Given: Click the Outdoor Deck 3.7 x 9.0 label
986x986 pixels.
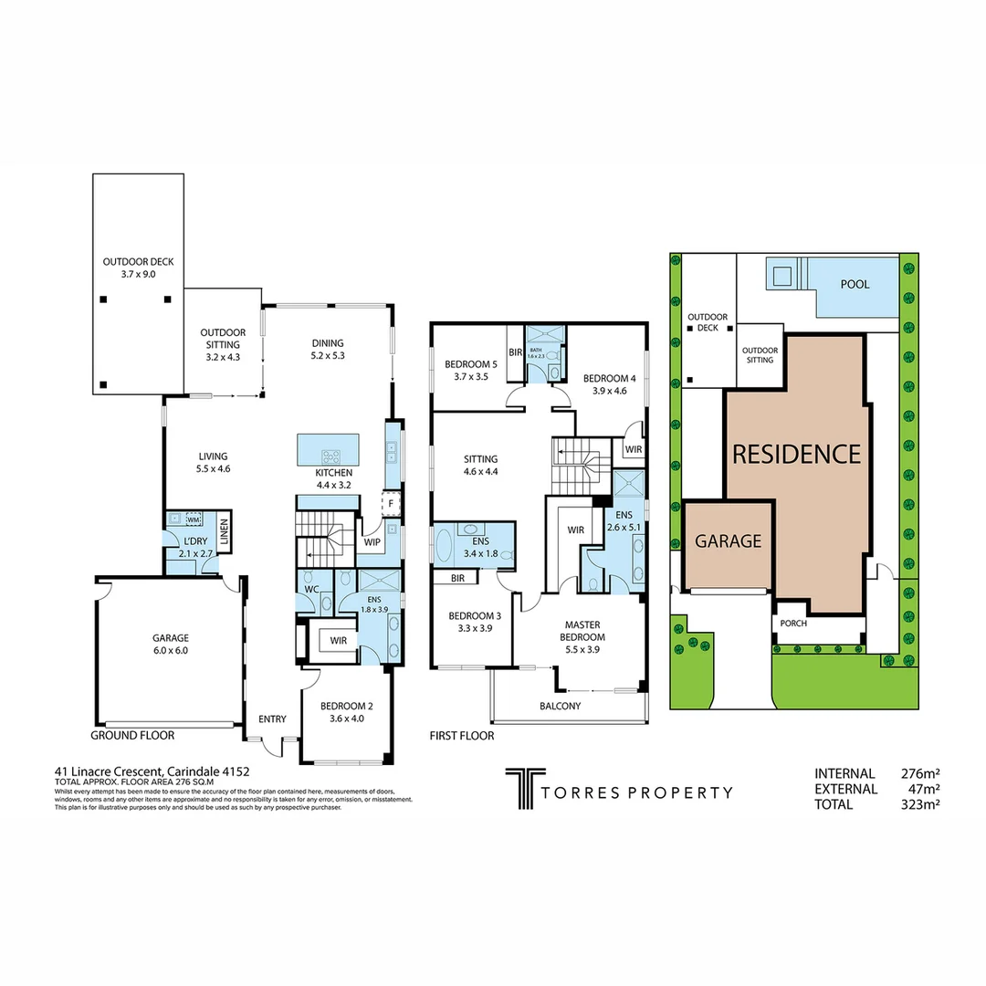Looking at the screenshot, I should (x=138, y=267).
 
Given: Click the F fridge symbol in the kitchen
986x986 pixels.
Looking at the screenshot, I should (x=391, y=503).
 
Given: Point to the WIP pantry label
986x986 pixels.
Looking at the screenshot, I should (x=372, y=542).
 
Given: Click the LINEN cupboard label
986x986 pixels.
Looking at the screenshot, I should (x=224, y=535).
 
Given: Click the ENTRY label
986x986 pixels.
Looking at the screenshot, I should (x=272, y=719).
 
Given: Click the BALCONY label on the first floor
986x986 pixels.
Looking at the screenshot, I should (x=561, y=706).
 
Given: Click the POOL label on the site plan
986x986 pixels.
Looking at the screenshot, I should (x=855, y=284).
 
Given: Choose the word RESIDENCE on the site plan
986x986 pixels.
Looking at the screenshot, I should (x=794, y=454).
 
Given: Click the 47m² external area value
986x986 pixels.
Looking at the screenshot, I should (x=921, y=789).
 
